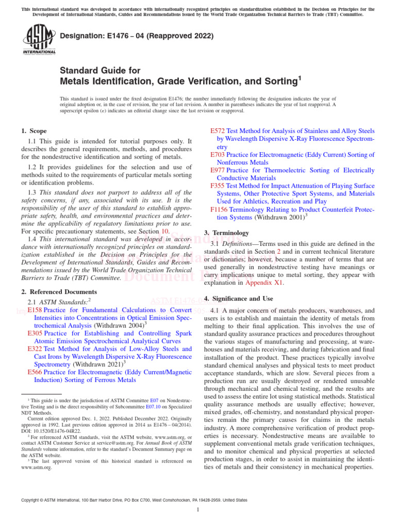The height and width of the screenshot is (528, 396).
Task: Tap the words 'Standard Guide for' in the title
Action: pos(100,70)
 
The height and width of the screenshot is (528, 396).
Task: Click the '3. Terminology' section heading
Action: pos(226,233)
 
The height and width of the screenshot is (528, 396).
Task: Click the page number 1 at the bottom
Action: pos(198,510)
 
